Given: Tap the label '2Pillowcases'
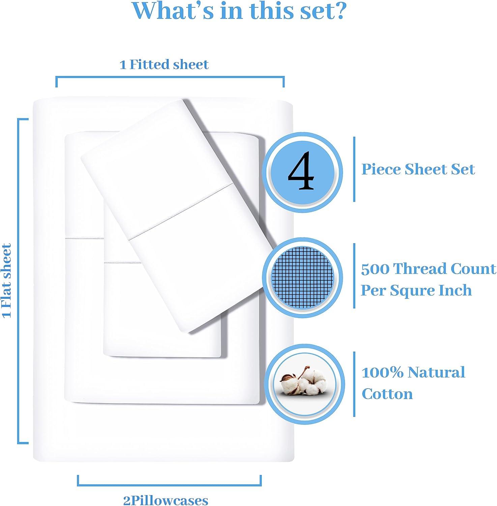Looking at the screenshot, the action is coord(166,500).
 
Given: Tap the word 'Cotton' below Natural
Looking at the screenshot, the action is coord(387,394).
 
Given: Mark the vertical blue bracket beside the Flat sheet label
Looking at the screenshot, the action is coord(19,281).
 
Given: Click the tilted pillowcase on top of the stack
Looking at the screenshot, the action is coord(182,216).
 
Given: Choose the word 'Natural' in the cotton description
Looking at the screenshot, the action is coord(437,372).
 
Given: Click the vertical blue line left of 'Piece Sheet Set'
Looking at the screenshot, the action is coord(354,169).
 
